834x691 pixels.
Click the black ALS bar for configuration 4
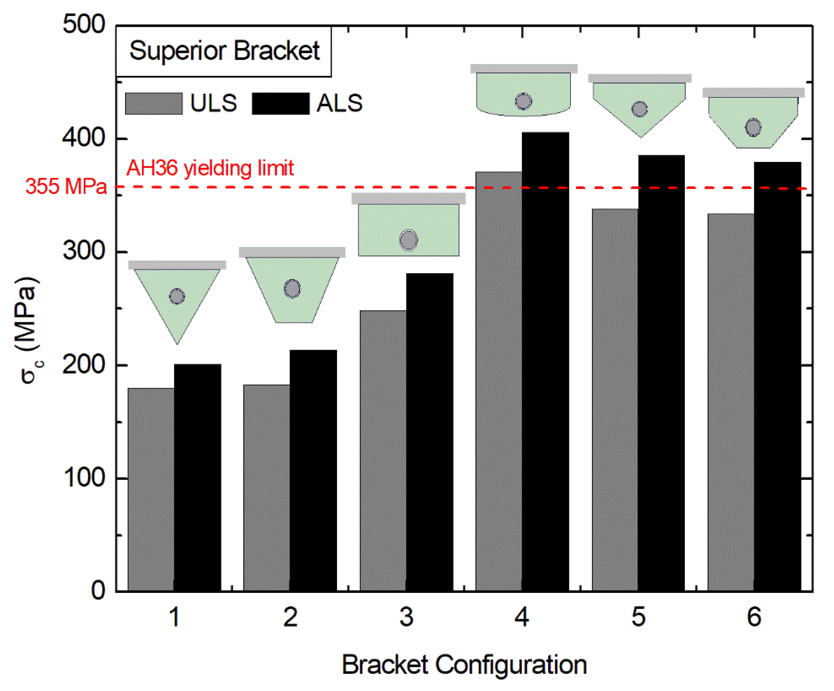point(545,361)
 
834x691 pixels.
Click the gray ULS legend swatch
point(154,104)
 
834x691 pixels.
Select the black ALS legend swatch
point(280,104)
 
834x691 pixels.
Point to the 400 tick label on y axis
point(84,138)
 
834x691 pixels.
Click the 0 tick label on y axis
point(98,590)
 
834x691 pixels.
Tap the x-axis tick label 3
point(406,617)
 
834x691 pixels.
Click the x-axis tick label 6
point(754,617)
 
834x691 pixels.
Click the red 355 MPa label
point(66,186)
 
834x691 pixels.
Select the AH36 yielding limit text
point(210,168)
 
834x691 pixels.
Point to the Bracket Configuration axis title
point(464,665)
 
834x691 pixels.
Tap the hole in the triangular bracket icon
point(177,296)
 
